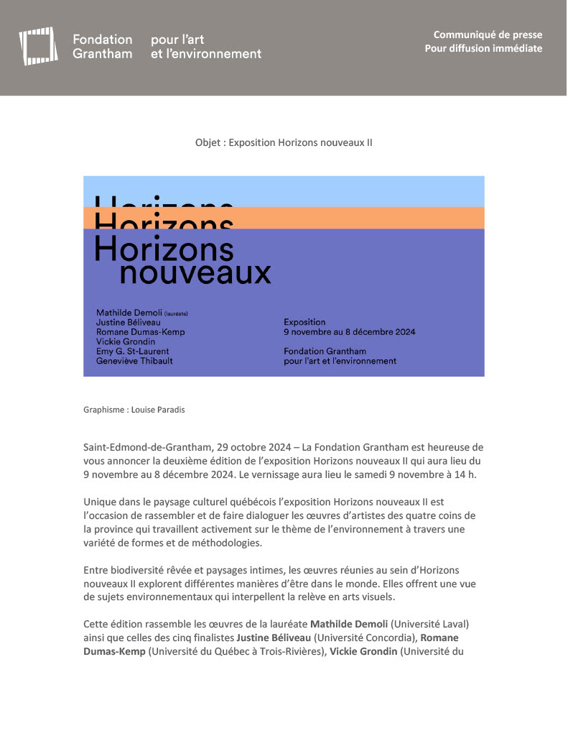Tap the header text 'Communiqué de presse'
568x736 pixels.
point(488,34)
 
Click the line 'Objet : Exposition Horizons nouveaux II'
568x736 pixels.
point(284,142)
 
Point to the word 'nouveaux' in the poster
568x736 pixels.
point(195,274)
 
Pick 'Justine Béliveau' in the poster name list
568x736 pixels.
point(128,323)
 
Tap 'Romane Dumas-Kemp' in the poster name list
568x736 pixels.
point(138,332)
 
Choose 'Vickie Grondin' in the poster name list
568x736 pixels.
point(125,341)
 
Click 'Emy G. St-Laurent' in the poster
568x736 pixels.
point(133,351)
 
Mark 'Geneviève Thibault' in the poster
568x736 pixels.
point(134,361)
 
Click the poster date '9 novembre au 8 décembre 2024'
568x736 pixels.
point(349,332)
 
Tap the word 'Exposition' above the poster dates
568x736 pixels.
point(304,322)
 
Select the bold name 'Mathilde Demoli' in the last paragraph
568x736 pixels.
point(348,623)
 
